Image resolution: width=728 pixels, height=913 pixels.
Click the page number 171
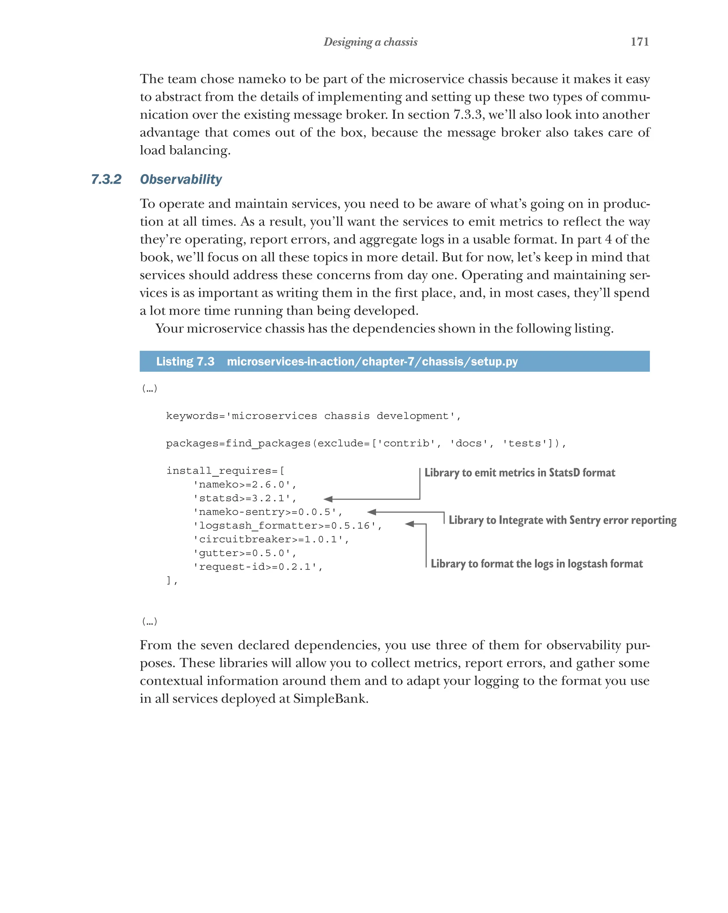[639, 42]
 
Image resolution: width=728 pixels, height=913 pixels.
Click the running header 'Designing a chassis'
[370, 42]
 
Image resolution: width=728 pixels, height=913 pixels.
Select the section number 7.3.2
[106, 179]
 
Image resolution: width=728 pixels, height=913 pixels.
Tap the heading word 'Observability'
[181, 179]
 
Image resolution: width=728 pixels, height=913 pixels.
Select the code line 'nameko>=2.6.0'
[244, 484]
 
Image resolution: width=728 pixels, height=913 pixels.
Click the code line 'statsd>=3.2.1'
[244, 498]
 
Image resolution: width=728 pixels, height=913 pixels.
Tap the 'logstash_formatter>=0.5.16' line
[287, 526]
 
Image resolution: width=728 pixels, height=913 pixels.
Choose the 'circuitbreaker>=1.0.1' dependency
[271, 539]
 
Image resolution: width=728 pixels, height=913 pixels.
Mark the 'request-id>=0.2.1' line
[257, 566]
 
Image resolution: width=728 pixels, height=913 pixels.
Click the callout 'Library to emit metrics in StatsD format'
[519, 473]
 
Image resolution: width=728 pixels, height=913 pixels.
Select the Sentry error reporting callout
[562, 520]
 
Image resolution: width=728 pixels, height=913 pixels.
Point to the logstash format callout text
[536, 564]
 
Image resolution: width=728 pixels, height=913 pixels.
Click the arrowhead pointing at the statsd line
[328, 499]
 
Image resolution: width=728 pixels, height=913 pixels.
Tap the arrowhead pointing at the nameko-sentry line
[372, 512]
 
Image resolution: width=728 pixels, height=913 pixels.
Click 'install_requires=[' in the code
[225, 471]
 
